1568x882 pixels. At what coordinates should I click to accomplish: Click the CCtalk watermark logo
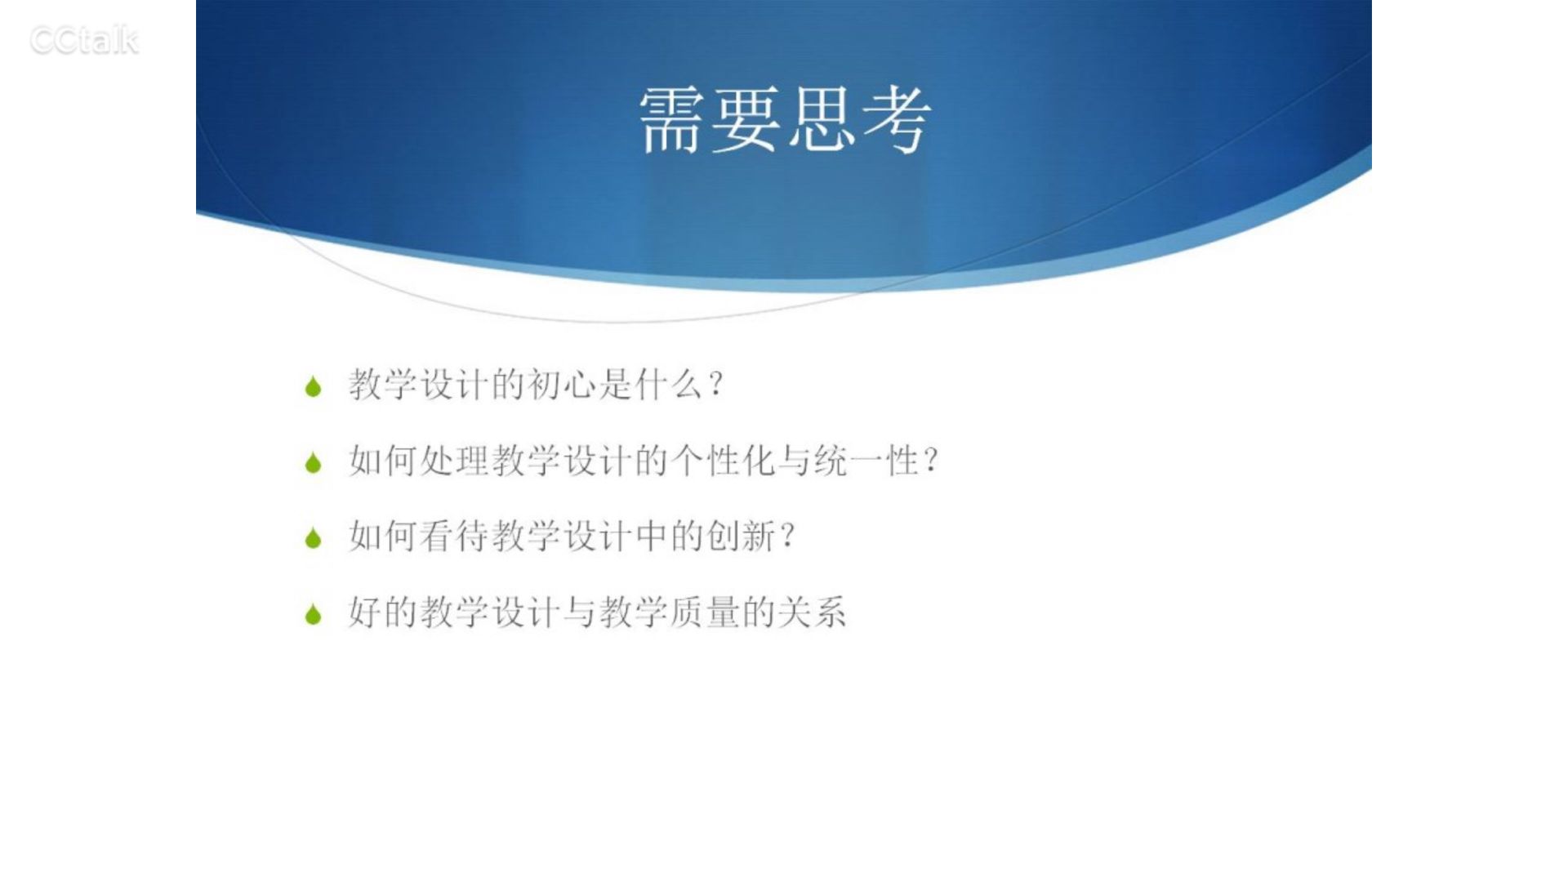(x=84, y=41)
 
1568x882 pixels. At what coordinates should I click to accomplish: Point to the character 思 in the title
(x=822, y=120)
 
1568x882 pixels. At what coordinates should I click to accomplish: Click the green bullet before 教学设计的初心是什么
(x=313, y=386)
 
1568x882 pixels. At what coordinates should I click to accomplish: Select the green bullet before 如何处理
(x=313, y=463)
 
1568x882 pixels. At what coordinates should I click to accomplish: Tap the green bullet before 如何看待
(x=313, y=538)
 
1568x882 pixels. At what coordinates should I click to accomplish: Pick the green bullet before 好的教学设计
(x=313, y=614)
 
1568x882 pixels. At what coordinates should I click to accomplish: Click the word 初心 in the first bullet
(x=563, y=384)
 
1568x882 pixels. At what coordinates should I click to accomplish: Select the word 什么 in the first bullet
(x=670, y=384)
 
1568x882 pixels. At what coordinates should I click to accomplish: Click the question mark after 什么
(x=717, y=385)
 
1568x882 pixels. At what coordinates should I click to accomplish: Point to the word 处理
(x=456, y=461)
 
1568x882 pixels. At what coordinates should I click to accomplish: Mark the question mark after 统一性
(x=931, y=461)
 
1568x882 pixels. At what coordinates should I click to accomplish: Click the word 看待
(x=456, y=536)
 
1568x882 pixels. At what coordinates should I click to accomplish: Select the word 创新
(x=742, y=536)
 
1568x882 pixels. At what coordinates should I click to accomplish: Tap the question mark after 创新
(x=788, y=537)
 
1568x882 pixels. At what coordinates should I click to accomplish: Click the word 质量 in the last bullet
(x=706, y=612)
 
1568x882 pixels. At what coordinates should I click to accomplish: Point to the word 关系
(x=813, y=612)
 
